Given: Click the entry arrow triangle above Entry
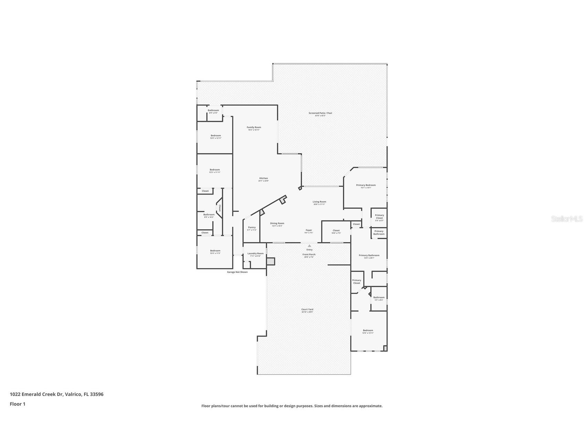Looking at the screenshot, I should coord(309,246).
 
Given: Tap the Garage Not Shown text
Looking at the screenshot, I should coord(237,272).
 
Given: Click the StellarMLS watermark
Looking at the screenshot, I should coord(566,219).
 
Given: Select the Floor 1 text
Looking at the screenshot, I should coord(18,404).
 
